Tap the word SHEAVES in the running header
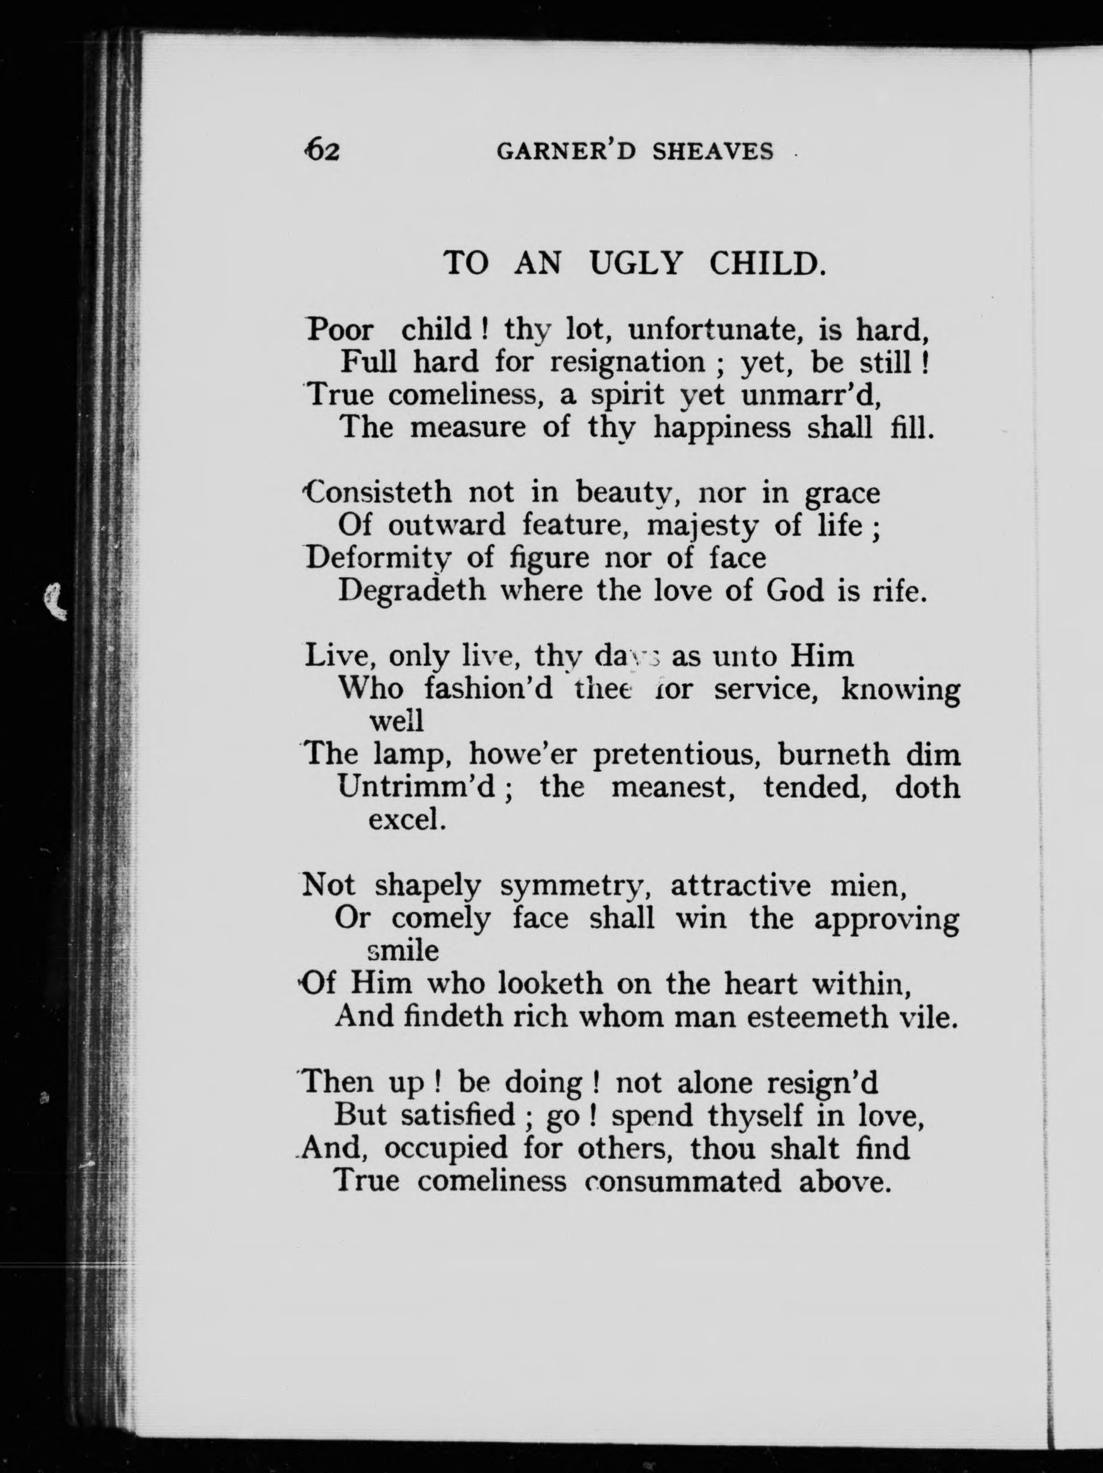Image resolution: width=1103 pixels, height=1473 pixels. click(x=713, y=152)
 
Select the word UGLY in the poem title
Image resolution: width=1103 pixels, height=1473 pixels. click(x=636, y=264)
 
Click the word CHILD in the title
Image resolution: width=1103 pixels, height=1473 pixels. click(x=766, y=264)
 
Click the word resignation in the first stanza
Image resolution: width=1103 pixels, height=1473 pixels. click(x=627, y=362)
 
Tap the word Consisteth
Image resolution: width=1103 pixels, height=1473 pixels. click(x=377, y=493)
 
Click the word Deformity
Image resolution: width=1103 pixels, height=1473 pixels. click(x=378, y=558)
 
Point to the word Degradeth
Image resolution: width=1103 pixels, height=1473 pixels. click(x=412, y=591)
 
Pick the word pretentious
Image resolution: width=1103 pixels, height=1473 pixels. click(x=676, y=754)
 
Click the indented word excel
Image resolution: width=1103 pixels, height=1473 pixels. click(x=406, y=820)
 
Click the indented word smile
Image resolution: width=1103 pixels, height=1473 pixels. click(x=403, y=951)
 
